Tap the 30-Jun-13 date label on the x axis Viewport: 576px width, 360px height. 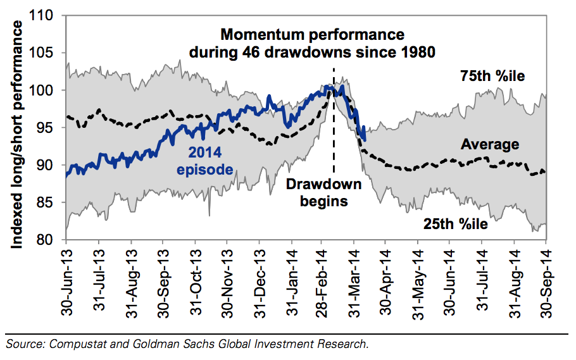click(x=67, y=278)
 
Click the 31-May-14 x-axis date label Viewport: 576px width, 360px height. click(x=418, y=278)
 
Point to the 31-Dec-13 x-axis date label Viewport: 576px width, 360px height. click(x=260, y=278)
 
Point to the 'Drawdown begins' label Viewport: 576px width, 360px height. click(x=323, y=192)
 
